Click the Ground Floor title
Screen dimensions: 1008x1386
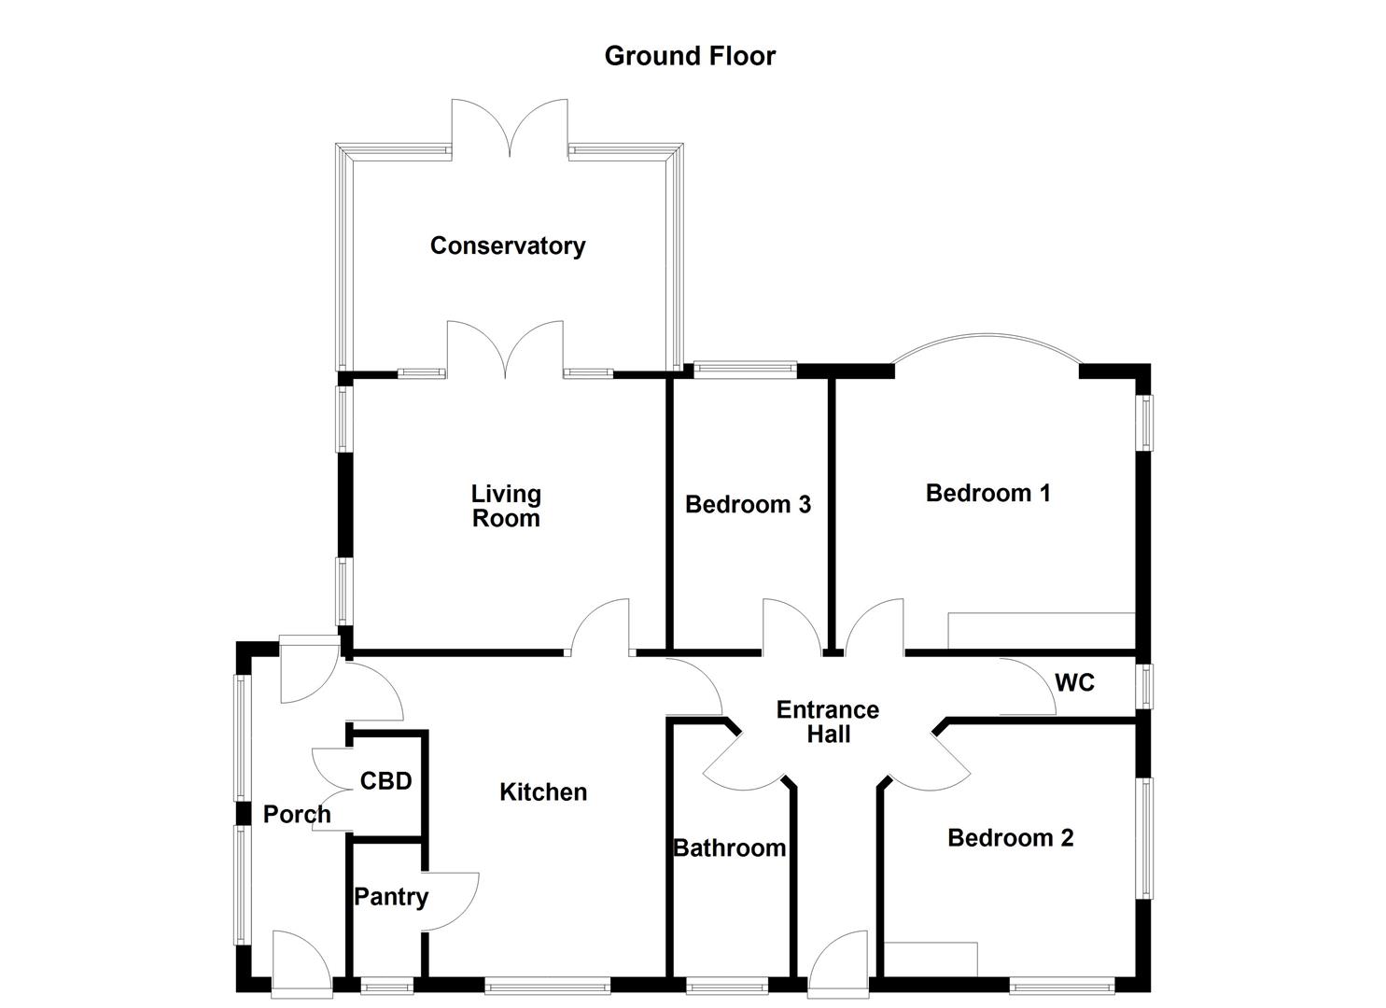(x=690, y=56)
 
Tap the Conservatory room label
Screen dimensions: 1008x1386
(x=508, y=245)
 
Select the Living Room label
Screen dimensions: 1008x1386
(x=506, y=506)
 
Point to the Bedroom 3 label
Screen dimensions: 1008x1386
(x=748, y=505)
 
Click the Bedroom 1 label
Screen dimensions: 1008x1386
(x=987, y=493)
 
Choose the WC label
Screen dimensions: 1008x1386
(x=1074, y=683)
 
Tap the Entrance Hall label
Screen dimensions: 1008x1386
(x=828, y=721)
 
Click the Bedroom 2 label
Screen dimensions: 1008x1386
(x=1010, y=838)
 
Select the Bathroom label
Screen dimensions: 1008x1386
(x=729, y=848)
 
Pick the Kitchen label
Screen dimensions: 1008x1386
(x=543, y=792)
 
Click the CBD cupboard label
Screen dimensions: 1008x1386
(x=385, y=780)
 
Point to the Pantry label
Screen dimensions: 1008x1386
(x=391, y=897)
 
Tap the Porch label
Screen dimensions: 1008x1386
(x=297, y=815)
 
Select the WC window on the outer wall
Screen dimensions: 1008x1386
(x=1143, y=686)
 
